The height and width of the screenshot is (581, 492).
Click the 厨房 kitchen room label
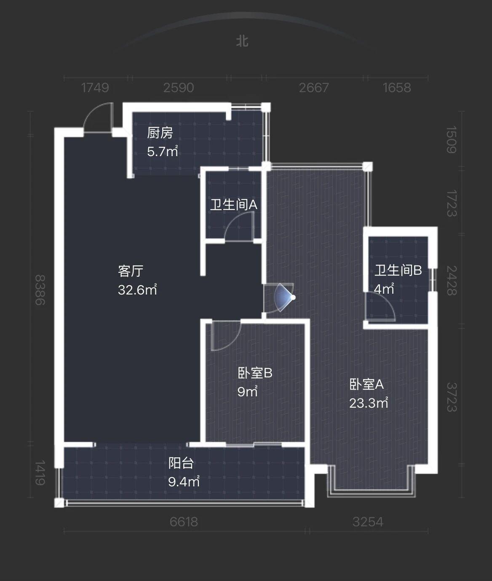[160, 133]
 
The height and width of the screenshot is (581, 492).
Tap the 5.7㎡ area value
[163, 151]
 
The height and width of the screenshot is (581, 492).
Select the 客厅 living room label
[131, 271]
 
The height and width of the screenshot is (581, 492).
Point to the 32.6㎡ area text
[137, 289]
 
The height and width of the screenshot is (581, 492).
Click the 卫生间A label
[234, 204]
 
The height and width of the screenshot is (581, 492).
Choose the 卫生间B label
[398, 271]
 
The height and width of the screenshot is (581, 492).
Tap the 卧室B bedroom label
[255, 373]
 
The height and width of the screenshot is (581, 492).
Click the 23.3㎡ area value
[369, 403]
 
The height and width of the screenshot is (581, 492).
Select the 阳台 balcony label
[181, 463]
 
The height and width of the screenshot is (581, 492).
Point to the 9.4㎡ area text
[184, 481]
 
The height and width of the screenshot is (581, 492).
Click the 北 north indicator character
[242, 41]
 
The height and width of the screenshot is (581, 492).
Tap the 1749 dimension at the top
[95, 88]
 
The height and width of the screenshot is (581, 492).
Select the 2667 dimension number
[314, 88]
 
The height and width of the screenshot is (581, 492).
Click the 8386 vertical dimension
[40, 290]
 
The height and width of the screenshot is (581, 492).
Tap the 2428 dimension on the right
[452, 281]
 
